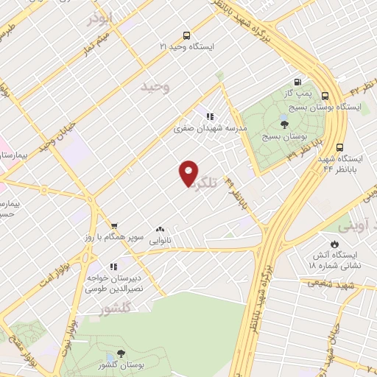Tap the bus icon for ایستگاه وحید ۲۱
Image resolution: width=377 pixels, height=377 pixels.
click(187, 35)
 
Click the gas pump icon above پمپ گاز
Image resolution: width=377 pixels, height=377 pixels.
click(297, 82)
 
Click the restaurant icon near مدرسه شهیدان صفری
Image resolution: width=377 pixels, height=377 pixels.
click(210, 116)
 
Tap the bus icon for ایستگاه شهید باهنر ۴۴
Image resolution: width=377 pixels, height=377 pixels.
click(339, 148)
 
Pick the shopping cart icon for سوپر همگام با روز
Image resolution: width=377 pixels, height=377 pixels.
click(113, 227)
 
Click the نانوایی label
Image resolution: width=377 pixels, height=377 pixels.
click(161, 241)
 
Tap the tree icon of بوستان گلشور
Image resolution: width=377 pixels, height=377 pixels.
click(121, 356)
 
